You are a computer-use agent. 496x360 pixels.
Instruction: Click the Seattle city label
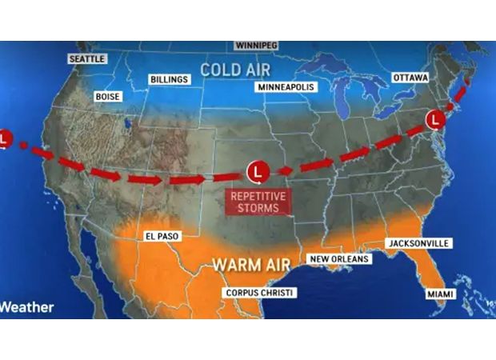click(x=87, y=59)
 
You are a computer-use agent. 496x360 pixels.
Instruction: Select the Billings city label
click(x=169, y=79)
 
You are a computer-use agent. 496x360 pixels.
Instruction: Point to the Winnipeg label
click(x=256, y=46)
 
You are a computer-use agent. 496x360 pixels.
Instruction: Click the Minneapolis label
click(x=286, y=86)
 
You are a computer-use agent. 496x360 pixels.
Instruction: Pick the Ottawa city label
click(x=410, y=78)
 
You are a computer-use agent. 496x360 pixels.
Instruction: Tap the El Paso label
click(x=162, y=236)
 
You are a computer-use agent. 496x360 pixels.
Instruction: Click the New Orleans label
click(x=339, y=259)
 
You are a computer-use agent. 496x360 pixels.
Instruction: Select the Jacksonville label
click(x=418, y=242)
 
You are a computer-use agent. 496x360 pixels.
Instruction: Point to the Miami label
click(x=440, y=294)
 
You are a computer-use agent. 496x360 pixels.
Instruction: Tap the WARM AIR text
click(x=250, y=263)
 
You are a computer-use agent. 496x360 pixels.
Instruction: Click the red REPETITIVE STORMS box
click(x=257, y=202)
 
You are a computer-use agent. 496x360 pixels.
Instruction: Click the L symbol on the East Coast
click(x=435, y=120)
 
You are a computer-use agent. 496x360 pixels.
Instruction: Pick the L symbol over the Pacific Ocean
click(x=4, y=138)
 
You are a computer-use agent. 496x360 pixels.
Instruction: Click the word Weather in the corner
click(x=26, y=307)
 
